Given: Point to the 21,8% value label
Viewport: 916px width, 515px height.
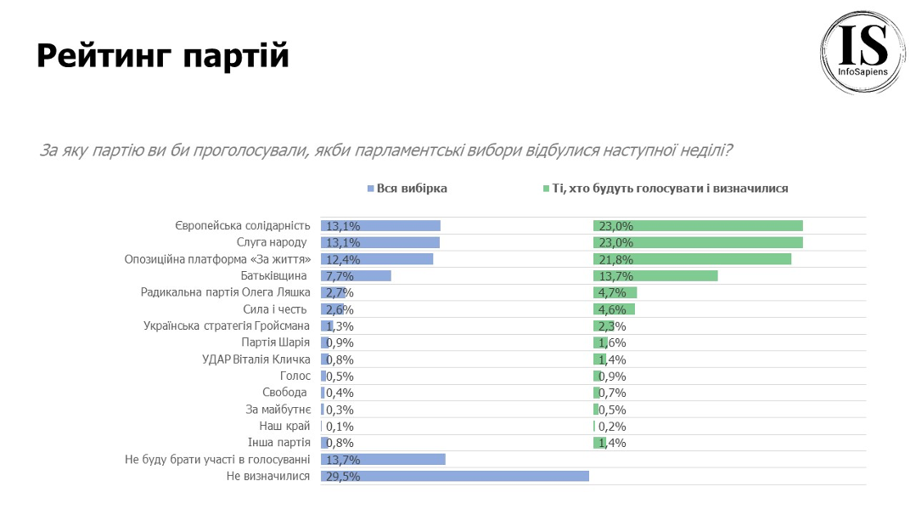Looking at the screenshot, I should tap(615, 259).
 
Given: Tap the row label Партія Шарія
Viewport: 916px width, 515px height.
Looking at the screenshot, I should tap(276, 342).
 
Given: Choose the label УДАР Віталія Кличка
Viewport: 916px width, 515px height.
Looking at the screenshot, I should tap(256, 359).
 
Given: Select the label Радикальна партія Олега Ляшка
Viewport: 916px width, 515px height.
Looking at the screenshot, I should tap(225, 292).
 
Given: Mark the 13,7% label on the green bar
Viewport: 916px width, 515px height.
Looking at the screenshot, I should tap(615, 276).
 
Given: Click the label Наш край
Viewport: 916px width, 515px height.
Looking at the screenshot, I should tap(284, 426).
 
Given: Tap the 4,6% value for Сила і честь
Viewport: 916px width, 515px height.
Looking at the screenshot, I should tap(612, 309).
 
